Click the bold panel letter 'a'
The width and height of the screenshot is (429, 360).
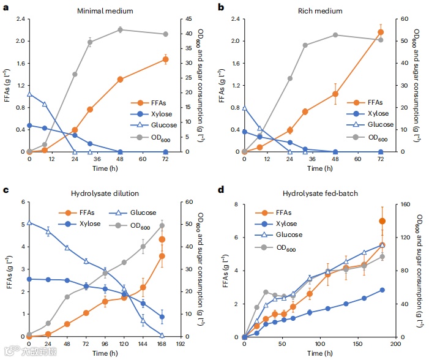(5, 7)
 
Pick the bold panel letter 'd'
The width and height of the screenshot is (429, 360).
(220, 192)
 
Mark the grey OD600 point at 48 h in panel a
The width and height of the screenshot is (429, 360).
(120, 29)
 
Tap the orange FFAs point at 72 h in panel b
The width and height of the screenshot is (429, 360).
(380, 32)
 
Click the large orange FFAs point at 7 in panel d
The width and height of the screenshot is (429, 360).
(382, 221)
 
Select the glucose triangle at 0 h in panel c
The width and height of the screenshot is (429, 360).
(29, 222)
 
